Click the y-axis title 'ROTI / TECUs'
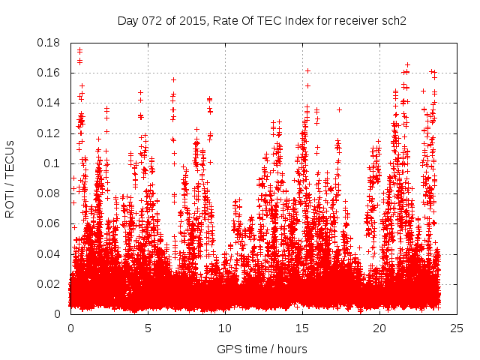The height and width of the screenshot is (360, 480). [x=10, y=178]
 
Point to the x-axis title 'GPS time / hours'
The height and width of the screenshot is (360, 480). [x=262, y=349]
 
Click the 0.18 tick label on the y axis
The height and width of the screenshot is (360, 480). [x=49, y=43]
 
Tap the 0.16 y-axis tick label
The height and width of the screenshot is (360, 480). [x=49, y=73]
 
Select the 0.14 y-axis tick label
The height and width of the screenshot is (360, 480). [x=49, y=103]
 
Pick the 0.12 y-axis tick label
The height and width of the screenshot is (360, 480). [x=49, y=133]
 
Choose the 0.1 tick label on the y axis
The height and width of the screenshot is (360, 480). [x=53, y=163]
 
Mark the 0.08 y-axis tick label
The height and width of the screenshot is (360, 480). [x=49, y=193]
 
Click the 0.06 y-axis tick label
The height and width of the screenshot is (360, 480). [x=49, y=223]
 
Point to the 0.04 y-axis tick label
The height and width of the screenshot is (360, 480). [x=49, y=253]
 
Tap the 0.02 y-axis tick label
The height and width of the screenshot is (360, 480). [x=49, y=283]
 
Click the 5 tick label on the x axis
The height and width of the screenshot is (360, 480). [x=148, y=328]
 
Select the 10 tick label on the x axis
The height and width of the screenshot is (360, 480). [x=225, y=328]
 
